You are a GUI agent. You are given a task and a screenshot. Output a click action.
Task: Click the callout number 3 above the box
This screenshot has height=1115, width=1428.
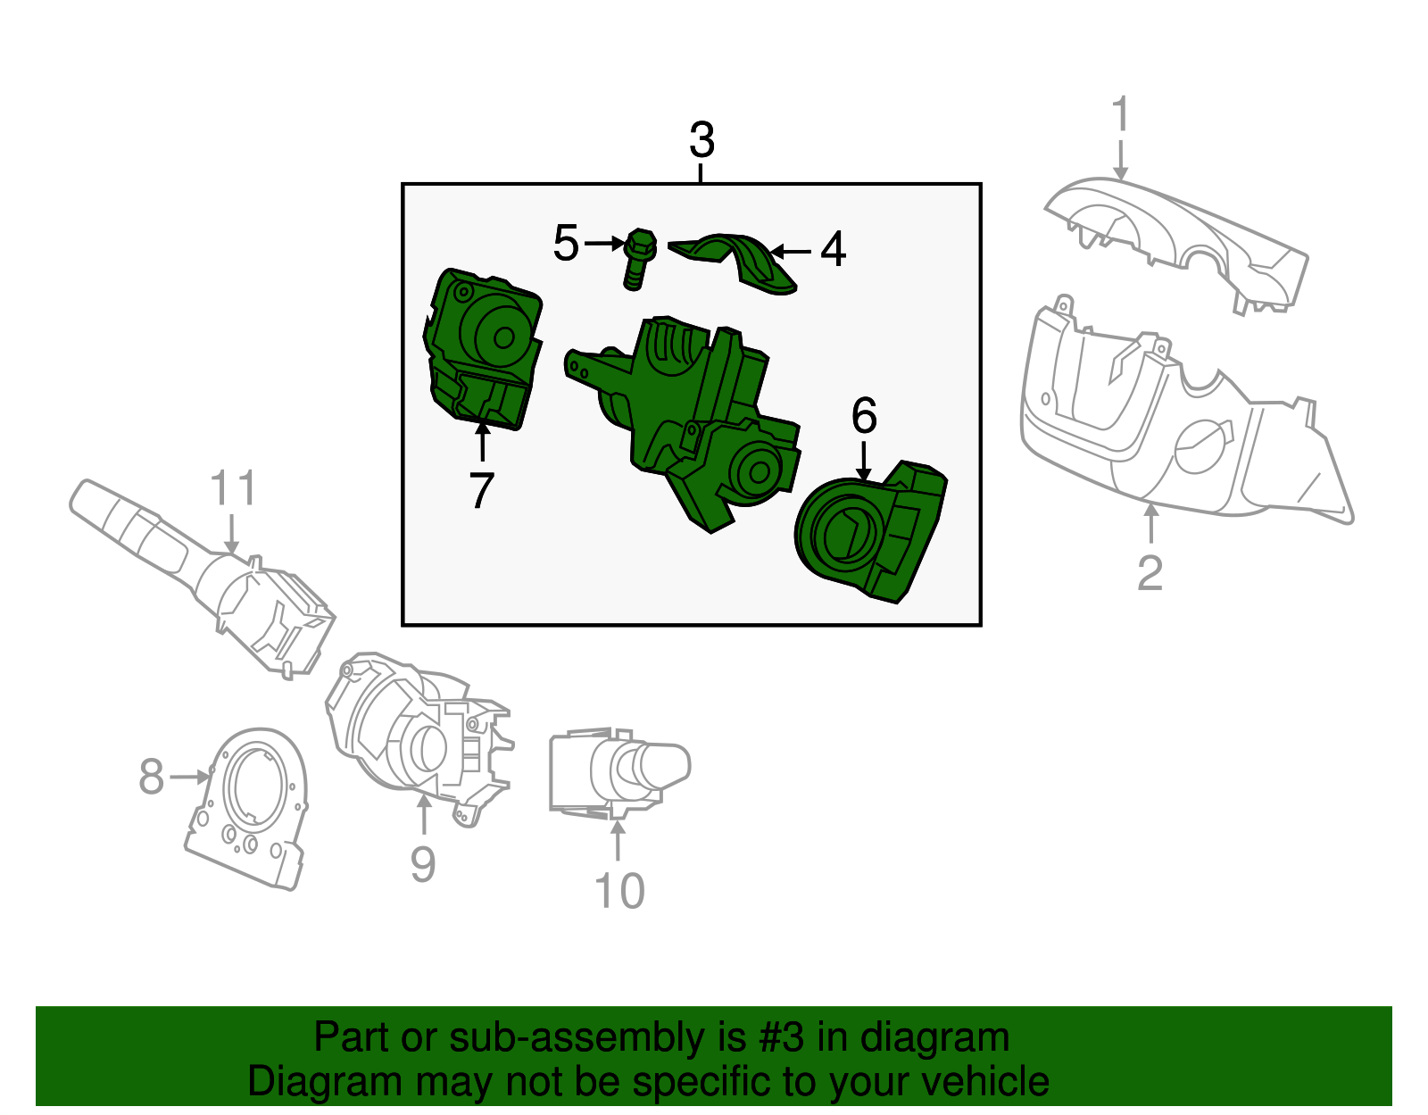702,141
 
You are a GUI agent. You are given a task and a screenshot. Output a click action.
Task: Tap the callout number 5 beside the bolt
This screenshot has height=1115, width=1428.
566,243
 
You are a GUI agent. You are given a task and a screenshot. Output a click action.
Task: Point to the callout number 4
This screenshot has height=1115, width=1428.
832,249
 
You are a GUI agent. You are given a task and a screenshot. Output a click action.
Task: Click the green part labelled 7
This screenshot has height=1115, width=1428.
482,348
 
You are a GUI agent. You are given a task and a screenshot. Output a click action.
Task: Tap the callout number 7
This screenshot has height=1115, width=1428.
481,490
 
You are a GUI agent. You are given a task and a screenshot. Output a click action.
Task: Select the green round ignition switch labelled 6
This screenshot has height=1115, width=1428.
866,536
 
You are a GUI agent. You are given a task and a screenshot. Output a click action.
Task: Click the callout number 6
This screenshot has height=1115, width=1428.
864,416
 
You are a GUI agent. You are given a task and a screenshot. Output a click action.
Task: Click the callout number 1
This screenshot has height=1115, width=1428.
1121,116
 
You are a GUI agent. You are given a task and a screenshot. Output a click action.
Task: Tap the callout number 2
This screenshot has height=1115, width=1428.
1150,573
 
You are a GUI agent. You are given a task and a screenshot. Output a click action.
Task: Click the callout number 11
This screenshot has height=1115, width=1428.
232,489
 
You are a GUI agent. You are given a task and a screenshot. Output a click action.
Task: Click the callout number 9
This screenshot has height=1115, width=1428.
423,864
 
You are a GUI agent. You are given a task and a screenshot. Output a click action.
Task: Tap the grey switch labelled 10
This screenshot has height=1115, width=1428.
616,772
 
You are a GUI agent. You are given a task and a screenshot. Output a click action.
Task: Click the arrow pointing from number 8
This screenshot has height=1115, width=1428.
189,778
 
